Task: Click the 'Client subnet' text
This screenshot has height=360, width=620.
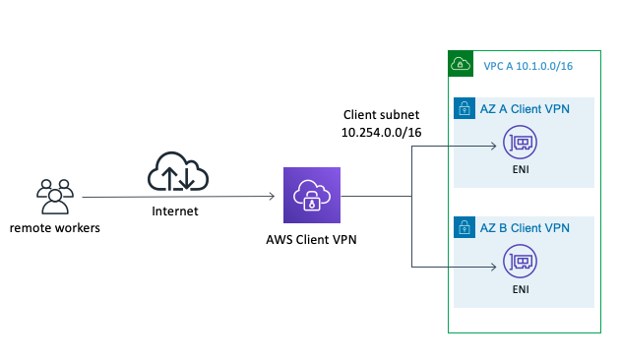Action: click(x=381, y=115)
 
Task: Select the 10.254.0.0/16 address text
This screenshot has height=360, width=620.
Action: click(x=381, y=133)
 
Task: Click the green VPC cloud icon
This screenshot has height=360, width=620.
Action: click(x=460, y=64)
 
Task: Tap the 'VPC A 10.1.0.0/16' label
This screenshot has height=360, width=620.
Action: click(x=527, y=66)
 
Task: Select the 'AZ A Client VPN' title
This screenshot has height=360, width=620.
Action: click(x=526, y=110)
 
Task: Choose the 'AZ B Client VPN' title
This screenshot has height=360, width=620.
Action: click(x=526, y=228)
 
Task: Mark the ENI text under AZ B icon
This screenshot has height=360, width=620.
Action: click(x=520, y=290)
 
